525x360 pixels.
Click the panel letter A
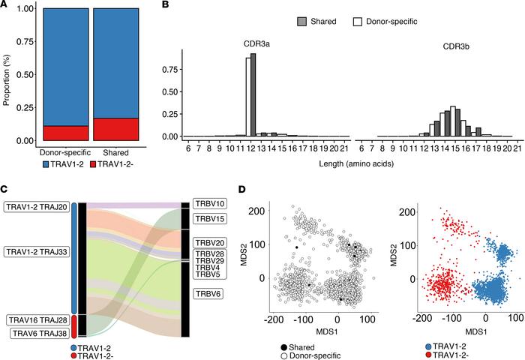click(5, 6)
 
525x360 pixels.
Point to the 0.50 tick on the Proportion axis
click(23, 75)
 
